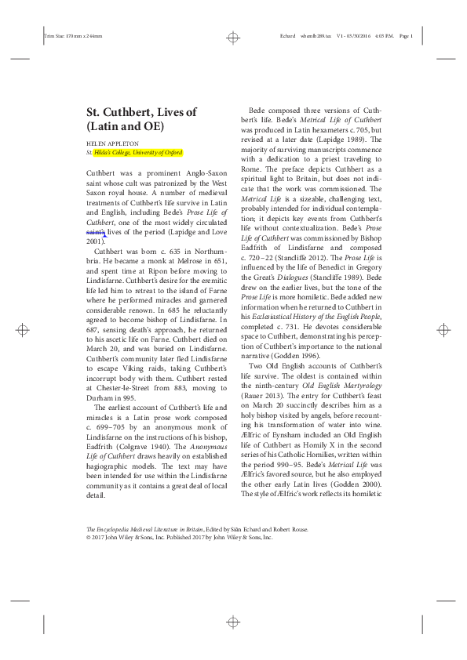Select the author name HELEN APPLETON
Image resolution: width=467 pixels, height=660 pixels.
pyautogui.click(x=113, y=145)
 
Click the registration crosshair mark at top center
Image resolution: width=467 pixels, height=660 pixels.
pyautogui.click(x=233, y=36)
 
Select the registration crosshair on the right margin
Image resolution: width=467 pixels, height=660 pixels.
pyautogui.click(x=441, y=330)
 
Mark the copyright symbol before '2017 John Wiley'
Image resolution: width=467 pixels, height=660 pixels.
pyautogui.click(x=89, y=538)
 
